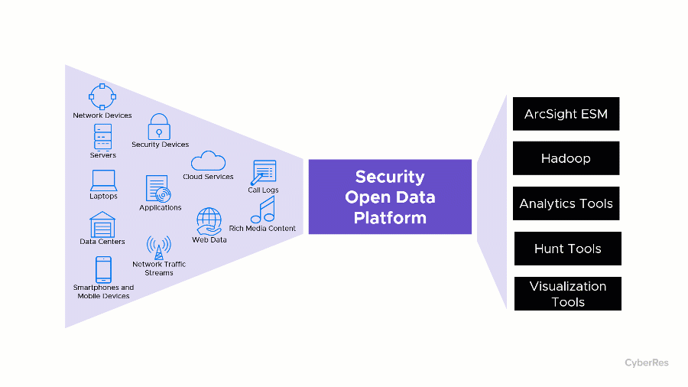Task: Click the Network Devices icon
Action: (x=102, y=96)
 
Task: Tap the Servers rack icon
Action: (x=102, y=137)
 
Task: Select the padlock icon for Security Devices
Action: (x=159, y=126)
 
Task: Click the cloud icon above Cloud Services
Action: (x=208, y=161)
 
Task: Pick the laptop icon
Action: (x=103, y=180)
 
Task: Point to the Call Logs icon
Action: (x=264, y=173)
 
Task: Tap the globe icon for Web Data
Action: (x=209, y=221)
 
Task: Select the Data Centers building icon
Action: (x=102, y=225)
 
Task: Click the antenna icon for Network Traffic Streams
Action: (x=158, y=247)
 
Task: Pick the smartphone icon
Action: (x=103, y=269)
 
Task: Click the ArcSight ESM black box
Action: (x=566, y=114)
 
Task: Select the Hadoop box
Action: (x=566, y=158)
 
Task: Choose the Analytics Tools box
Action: (x=566, y=203)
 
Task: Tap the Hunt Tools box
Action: (x=567, y=249)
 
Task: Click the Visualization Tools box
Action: (x=567, y=294)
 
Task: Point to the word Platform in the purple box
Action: (x=389, y=217)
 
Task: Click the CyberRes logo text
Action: (x=646, y=363)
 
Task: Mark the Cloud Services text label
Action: (x=208, y=177)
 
